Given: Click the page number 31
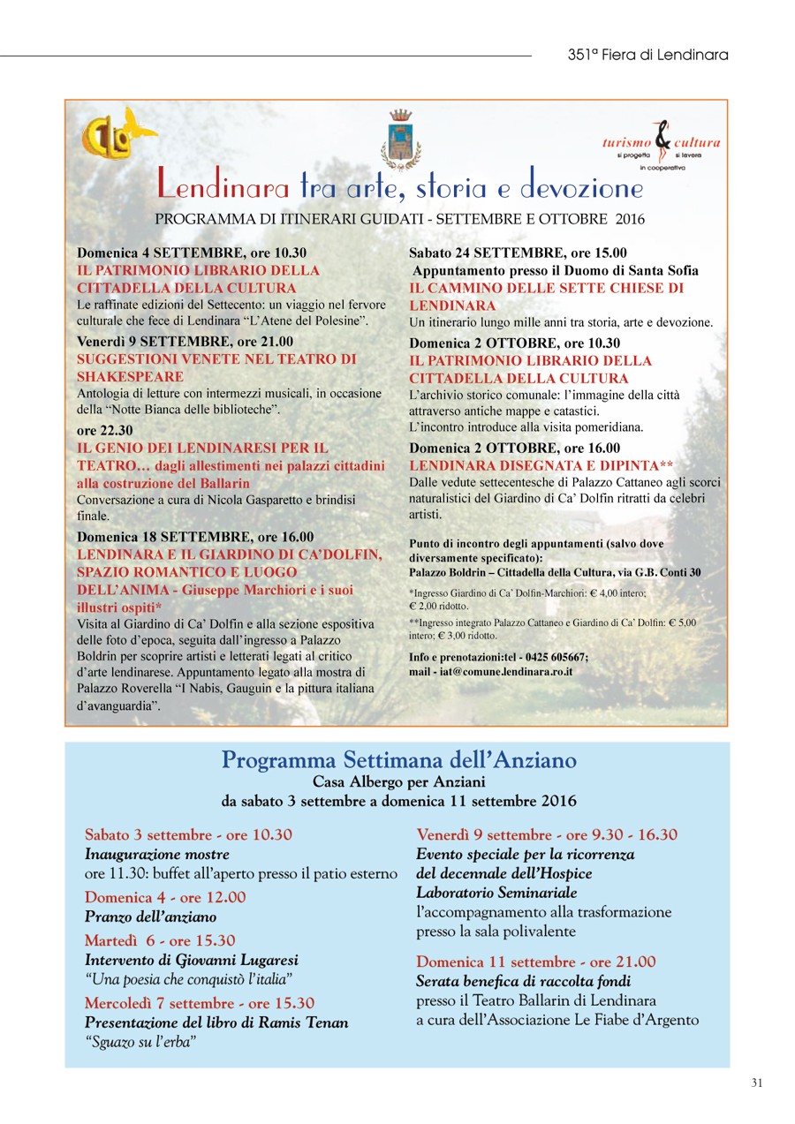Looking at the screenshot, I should pos(757,1083).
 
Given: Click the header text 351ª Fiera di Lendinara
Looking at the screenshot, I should pos(647,55).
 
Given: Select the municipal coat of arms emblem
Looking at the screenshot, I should pos(401,140).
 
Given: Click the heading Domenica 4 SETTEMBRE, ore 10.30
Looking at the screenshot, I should pos(192,253).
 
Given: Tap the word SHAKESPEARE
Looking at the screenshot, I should pos(131,377).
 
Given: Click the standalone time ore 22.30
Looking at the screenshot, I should pos(105,431).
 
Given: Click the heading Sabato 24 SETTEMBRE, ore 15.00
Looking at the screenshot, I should pos(518,253).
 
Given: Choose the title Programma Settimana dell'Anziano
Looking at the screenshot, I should pos(398,760).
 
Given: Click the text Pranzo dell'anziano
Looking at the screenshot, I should pos(150,917).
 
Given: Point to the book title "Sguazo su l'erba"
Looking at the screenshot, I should pos(140,1041).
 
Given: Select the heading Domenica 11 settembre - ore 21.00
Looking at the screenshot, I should pos(536,962).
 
